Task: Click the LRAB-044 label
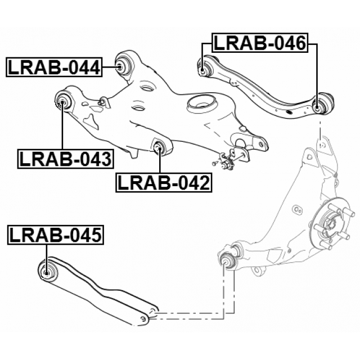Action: point(53,68)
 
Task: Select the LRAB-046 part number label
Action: point(259,43)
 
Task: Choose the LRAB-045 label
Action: point(56,235)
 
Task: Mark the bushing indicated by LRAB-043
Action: point(63,102)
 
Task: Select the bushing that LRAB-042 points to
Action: point(159,148)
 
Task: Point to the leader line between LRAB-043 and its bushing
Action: point(62,128)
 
